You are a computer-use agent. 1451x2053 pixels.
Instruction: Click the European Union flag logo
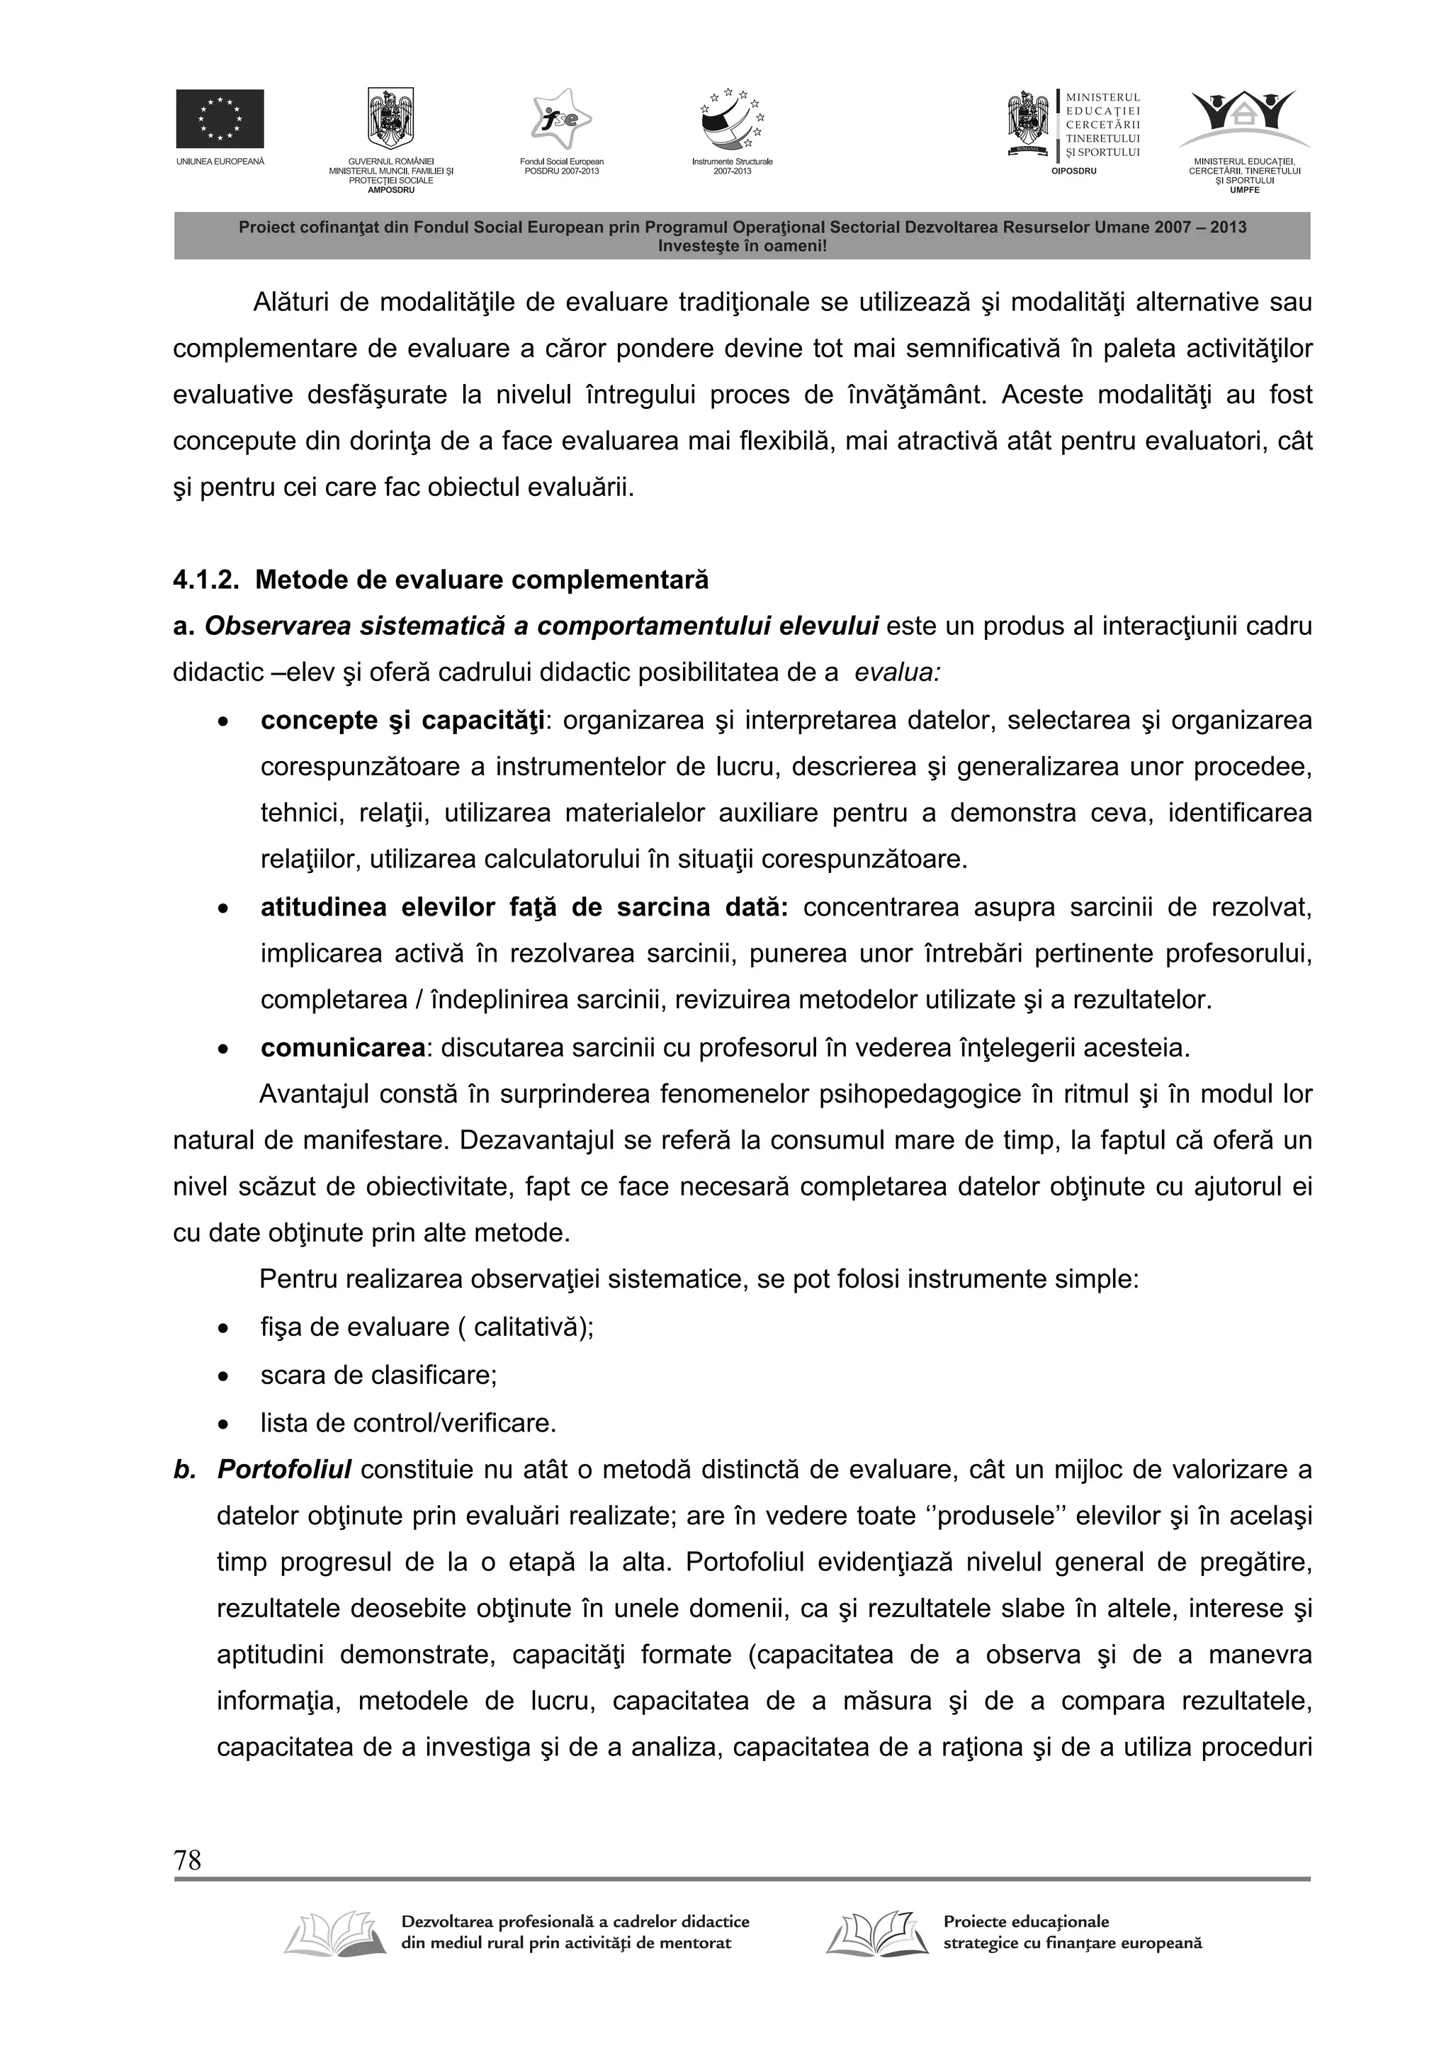pos(219,118)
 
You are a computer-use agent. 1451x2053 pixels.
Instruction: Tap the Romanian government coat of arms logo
pos(390,118)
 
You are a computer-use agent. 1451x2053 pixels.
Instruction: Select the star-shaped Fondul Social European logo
pos(561,120)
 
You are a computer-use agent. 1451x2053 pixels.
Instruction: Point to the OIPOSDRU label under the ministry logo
pos(1073,171)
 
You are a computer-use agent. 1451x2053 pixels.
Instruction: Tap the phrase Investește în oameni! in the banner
pos(742,246)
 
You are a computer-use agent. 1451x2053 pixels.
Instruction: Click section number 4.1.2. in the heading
pos(205,580)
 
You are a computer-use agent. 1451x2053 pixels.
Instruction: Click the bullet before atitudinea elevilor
pos(223,909)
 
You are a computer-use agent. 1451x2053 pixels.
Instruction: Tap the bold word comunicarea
pos(342,1047)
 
